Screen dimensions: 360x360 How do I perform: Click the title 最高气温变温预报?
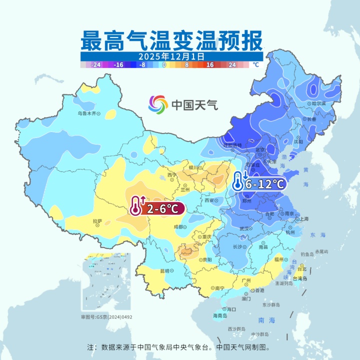point(171,39)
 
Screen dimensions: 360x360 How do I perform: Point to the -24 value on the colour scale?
point(96,64)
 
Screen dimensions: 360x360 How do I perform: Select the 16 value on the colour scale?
point(210,64)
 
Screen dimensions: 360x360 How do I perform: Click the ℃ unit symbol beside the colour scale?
point(255,64)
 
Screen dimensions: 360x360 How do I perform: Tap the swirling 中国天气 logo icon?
point(158,104)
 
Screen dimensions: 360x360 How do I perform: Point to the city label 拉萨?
point(97,221)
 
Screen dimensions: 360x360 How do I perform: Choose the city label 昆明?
point(164,270)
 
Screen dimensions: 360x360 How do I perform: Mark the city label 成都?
point(178,227)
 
